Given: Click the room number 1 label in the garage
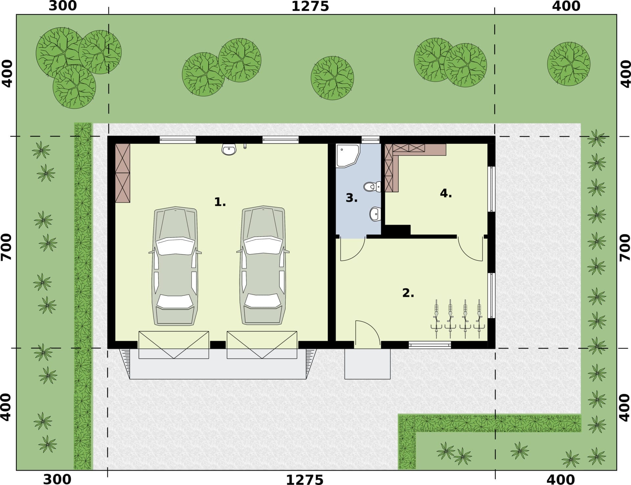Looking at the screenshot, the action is (x=220, y=202).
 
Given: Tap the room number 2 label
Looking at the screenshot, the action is (x=408, y=293).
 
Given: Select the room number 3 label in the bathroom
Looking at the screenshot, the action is (x=351, y=198).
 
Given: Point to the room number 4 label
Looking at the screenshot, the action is (x=446, y=193).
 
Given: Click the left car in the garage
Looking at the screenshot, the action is (x=175, y=266).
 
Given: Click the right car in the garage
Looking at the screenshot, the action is (x=263, y=266).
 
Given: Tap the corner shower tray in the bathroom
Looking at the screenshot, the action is (x=348, y=156).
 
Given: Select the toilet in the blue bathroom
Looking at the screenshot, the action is (x=372, y=187).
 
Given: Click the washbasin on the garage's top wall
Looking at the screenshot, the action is (x=229, y=150).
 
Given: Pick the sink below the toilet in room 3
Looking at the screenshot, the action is (x=375, y=214).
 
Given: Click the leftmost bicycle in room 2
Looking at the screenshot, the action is (x=436, y=319).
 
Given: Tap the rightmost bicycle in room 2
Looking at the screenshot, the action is (x=479, y=319).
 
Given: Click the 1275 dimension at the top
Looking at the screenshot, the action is (x=310, y=7).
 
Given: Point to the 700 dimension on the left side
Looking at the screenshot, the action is (x=7, y=247).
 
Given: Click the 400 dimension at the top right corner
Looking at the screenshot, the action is (x=566, y=6).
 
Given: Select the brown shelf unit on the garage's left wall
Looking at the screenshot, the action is (x=123, y=173).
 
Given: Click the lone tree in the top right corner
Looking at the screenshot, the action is (x=569, y=64).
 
